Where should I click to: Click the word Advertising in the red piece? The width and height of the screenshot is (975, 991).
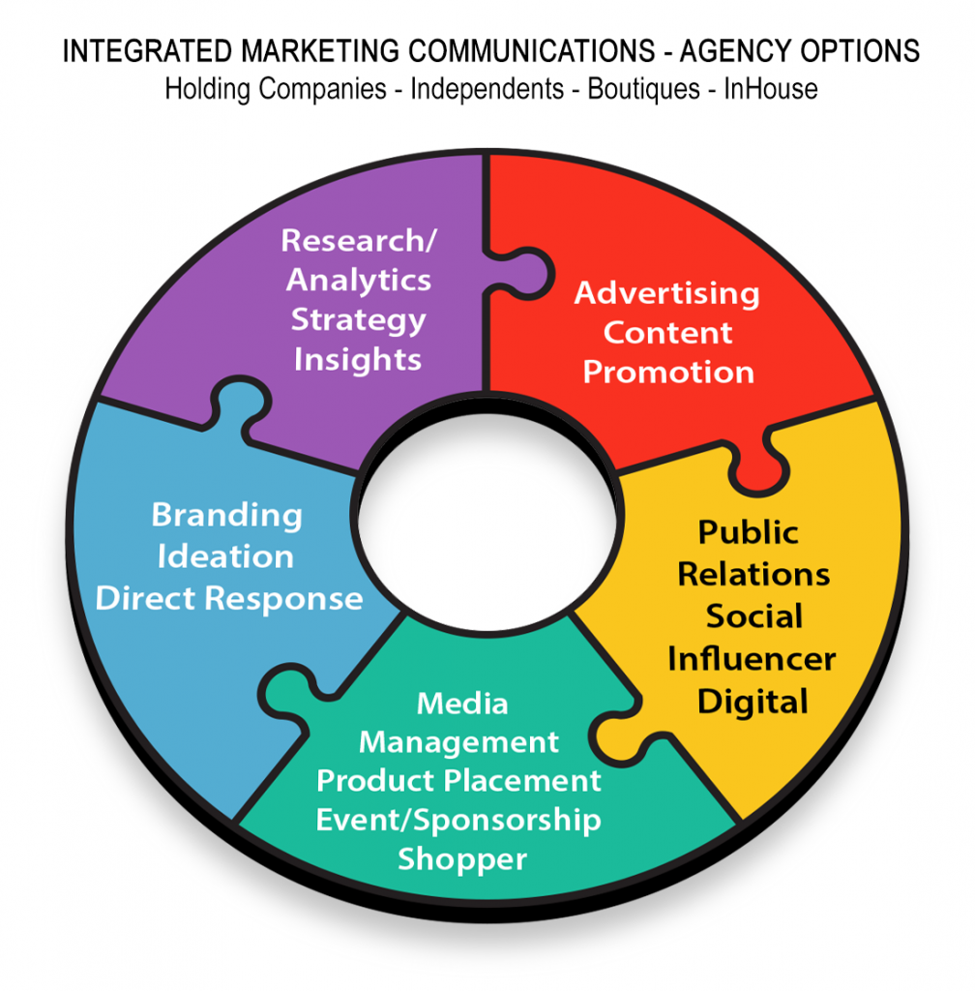tap(667, 292)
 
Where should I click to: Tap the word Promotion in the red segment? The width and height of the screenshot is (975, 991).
tap(668, 373)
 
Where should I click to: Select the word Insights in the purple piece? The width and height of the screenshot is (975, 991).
tap(358, 360)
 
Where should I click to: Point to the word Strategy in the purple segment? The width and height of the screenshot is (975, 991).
tap(358, 319)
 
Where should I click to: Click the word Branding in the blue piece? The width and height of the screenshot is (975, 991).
tap(227, 515)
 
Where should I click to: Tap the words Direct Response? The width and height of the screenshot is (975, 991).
tap(230, 598)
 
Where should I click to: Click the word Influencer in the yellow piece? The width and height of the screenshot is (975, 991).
tap(752, 659)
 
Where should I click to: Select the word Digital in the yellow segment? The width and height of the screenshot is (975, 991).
tap(753, 701)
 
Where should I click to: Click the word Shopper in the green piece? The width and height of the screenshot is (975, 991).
tap(462, 859)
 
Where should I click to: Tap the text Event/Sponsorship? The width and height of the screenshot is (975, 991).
tap(458, 821)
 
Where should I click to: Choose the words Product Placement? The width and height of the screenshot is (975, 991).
tap(458, 781)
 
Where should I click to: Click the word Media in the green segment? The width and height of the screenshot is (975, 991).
tap(461, 704)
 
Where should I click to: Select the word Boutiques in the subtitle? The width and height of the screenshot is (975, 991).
tap(644, 89)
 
